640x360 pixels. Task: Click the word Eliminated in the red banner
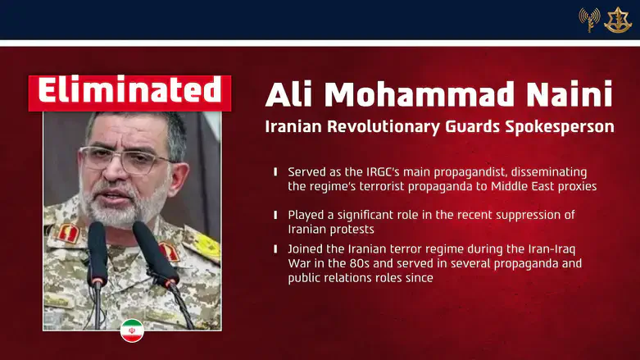(x=129, y=91)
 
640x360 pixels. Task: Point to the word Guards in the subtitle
(x=456, y=128)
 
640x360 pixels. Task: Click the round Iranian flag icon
(x=132, y=330)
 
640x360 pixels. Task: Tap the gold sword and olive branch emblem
(x=617, y=20)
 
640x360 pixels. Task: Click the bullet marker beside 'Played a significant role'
(x=275, y=215)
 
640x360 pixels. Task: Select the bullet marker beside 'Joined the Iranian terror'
(x=275, y=248)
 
